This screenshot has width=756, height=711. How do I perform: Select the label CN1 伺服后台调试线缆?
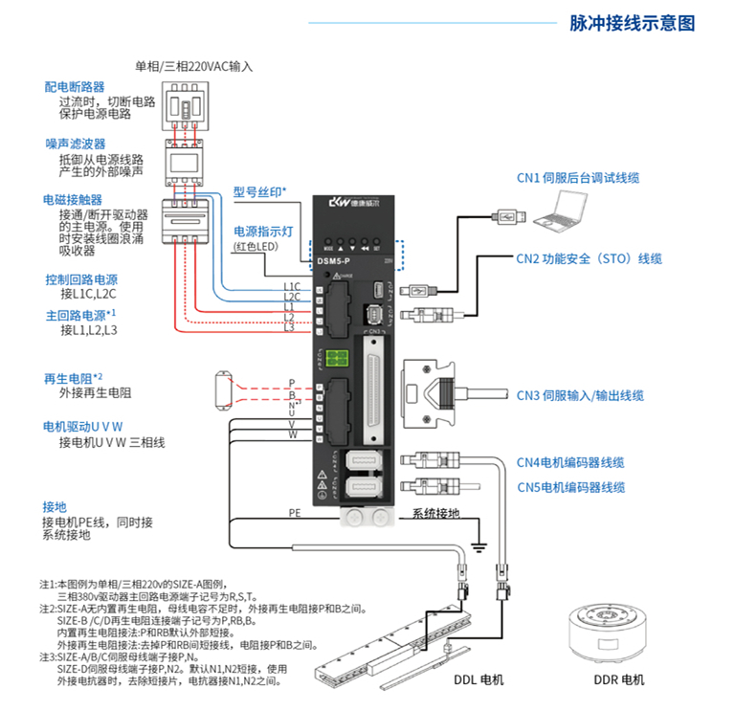[x=577, y=178]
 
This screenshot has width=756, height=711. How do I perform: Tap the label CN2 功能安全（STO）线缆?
[x=589, y=258]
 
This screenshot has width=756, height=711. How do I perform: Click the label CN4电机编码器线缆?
[x=571, y=462]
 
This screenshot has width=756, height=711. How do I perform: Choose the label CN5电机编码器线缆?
[x=571, y=487]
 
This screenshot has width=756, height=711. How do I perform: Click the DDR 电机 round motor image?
[x=611, y=631]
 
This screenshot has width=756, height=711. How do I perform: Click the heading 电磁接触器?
[x=73, y=200]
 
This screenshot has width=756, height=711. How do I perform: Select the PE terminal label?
[x=295, y=514]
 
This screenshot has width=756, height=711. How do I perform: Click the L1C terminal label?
[x=292, y=286]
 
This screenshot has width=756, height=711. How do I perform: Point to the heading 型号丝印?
[x=259, y=190]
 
